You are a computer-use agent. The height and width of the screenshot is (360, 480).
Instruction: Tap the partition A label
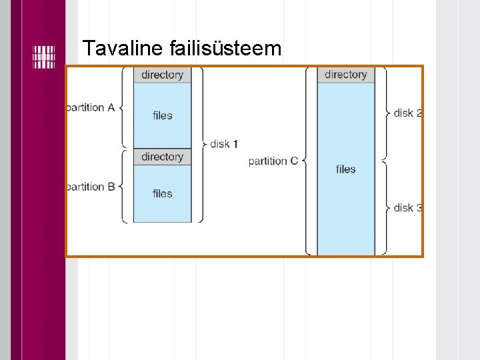[91, 107]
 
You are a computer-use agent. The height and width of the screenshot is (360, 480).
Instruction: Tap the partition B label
[91, 187]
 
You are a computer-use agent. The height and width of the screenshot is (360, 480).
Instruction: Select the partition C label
[273, 161]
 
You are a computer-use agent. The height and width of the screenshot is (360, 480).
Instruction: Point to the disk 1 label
[224, 143]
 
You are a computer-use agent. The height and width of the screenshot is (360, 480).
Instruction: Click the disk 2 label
[407, 113]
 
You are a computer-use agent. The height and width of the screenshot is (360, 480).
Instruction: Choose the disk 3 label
[407, 207]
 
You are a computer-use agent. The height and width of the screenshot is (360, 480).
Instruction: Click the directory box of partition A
[162, 75]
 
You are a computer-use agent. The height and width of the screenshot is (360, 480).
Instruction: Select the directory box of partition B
[162, 157]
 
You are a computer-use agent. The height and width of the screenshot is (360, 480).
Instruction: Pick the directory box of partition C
[345, 75]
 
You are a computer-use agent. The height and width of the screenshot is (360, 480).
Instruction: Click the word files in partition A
[162, 115]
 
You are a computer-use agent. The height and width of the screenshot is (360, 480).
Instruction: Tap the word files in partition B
[162, 193]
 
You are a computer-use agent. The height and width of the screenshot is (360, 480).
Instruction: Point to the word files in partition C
[345, 169]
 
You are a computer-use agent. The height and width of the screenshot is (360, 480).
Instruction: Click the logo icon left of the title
[44, 57]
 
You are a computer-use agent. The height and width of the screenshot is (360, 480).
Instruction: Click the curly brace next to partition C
[305, 161]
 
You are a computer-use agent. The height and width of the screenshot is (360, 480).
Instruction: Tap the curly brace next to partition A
[122, 107]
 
